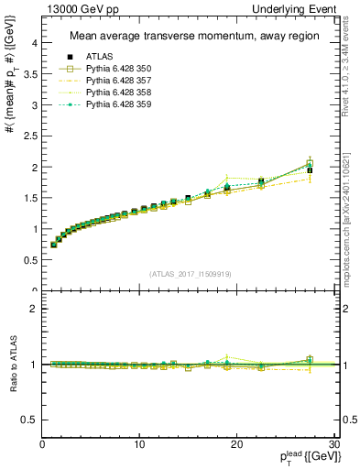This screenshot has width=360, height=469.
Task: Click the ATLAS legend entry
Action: click(x=96, y=56)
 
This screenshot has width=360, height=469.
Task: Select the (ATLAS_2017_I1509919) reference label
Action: click(x=189, y=273)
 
